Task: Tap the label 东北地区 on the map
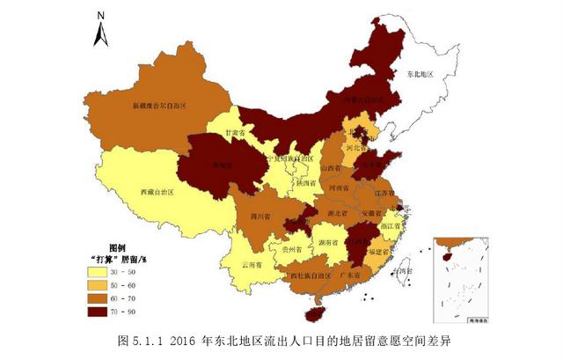coord(422,76)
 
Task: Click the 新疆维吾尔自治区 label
coord(161,104)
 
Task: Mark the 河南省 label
coord(339,188)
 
